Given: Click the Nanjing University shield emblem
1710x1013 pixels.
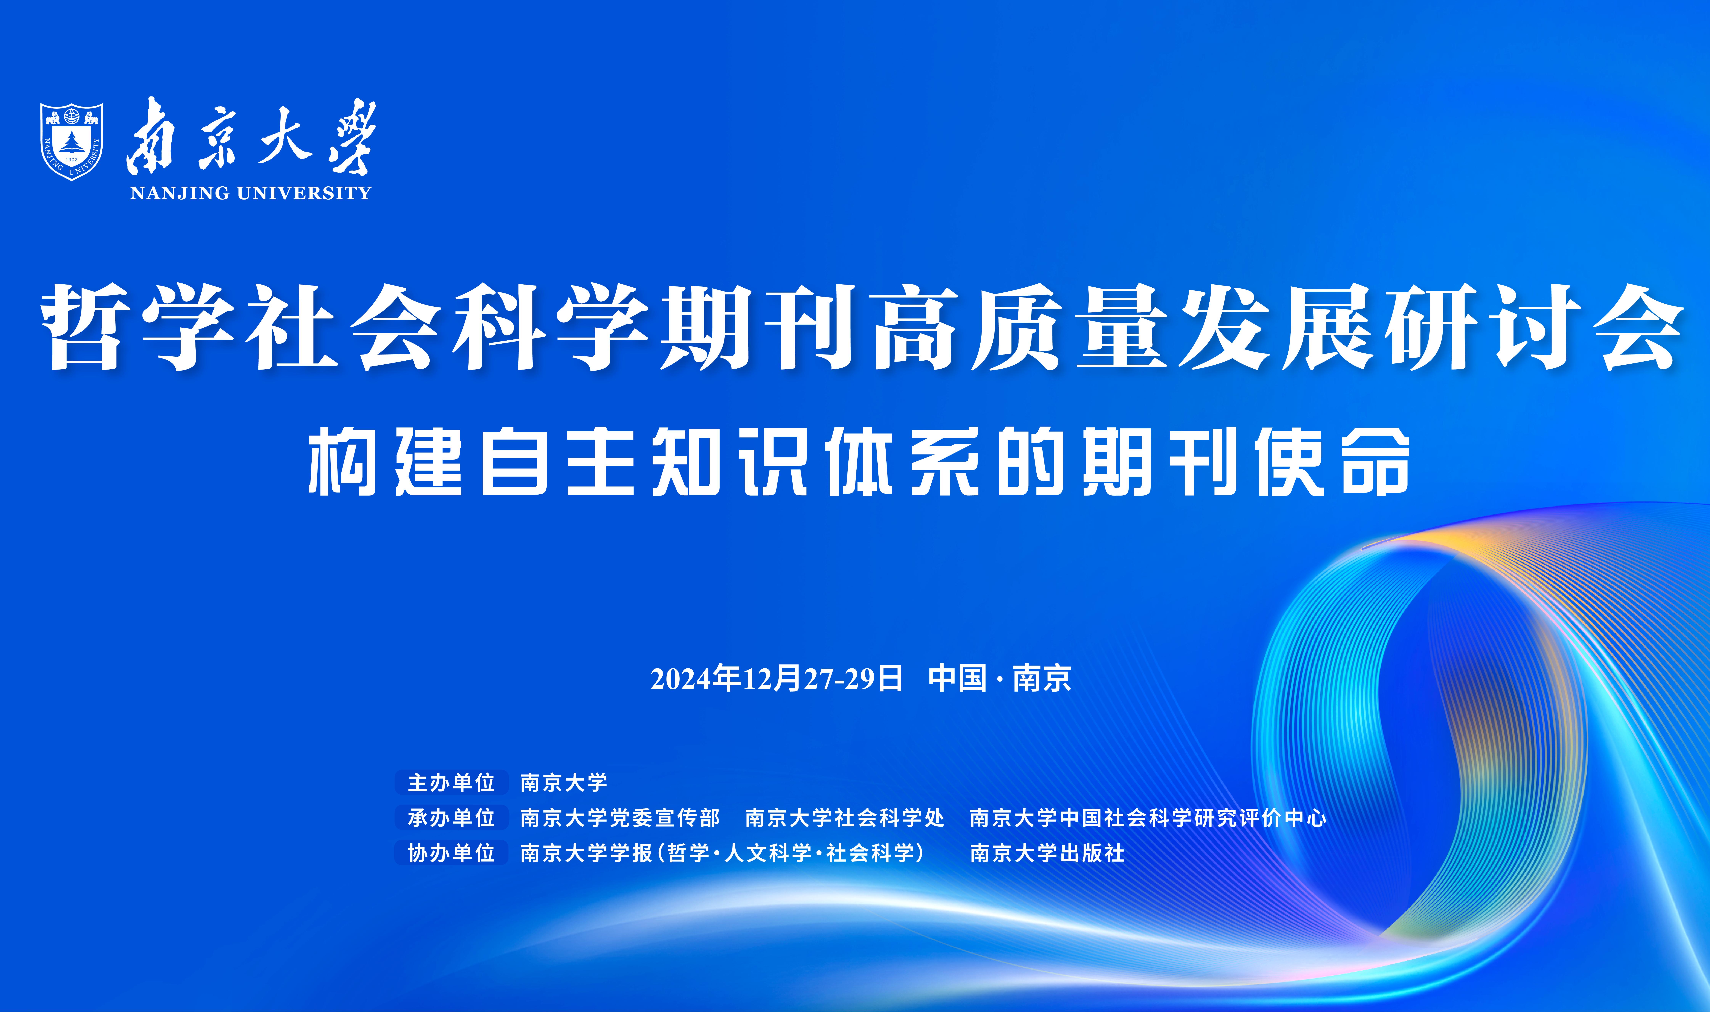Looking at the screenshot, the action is coord(72,141).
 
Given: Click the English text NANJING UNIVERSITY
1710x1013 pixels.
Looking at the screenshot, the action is coord(251,193).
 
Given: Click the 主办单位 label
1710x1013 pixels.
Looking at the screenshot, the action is coord(451,782).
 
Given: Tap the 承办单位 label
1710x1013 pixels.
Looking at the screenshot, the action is coord(451,818).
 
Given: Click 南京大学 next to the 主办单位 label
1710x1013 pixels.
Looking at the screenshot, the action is coord(563,782).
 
